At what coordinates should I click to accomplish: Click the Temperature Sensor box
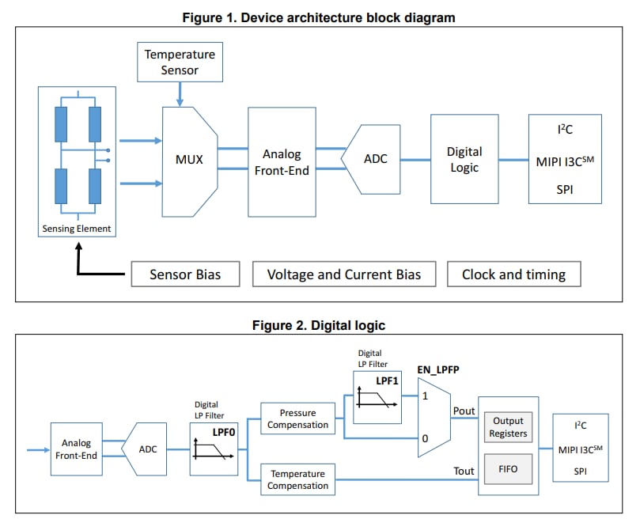click(x=180, y=62)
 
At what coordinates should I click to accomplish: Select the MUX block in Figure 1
click(x=189, y=160)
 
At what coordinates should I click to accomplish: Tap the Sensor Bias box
click(x=184, y=274)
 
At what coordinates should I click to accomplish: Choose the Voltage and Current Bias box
click(x=343, y=274)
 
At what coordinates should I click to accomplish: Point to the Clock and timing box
click(x=513, y=274)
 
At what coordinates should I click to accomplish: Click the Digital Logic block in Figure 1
click(x=464, y=159)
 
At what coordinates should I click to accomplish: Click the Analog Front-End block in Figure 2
click(x=77, y=449)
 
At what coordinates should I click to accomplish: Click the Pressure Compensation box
click(x=297, y=418)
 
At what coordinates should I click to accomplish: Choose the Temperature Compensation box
click(x=297, y=479)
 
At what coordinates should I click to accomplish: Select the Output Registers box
click(x=509, y=428)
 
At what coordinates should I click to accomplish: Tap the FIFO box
click(x=509, y=468)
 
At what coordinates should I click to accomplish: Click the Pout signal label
click(x=464, y=411)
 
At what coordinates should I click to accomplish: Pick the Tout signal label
click(x=464, y=471)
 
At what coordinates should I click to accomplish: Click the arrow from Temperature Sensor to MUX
click(x=180, y=94)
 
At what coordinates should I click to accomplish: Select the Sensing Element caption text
click(x=77, y=229)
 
